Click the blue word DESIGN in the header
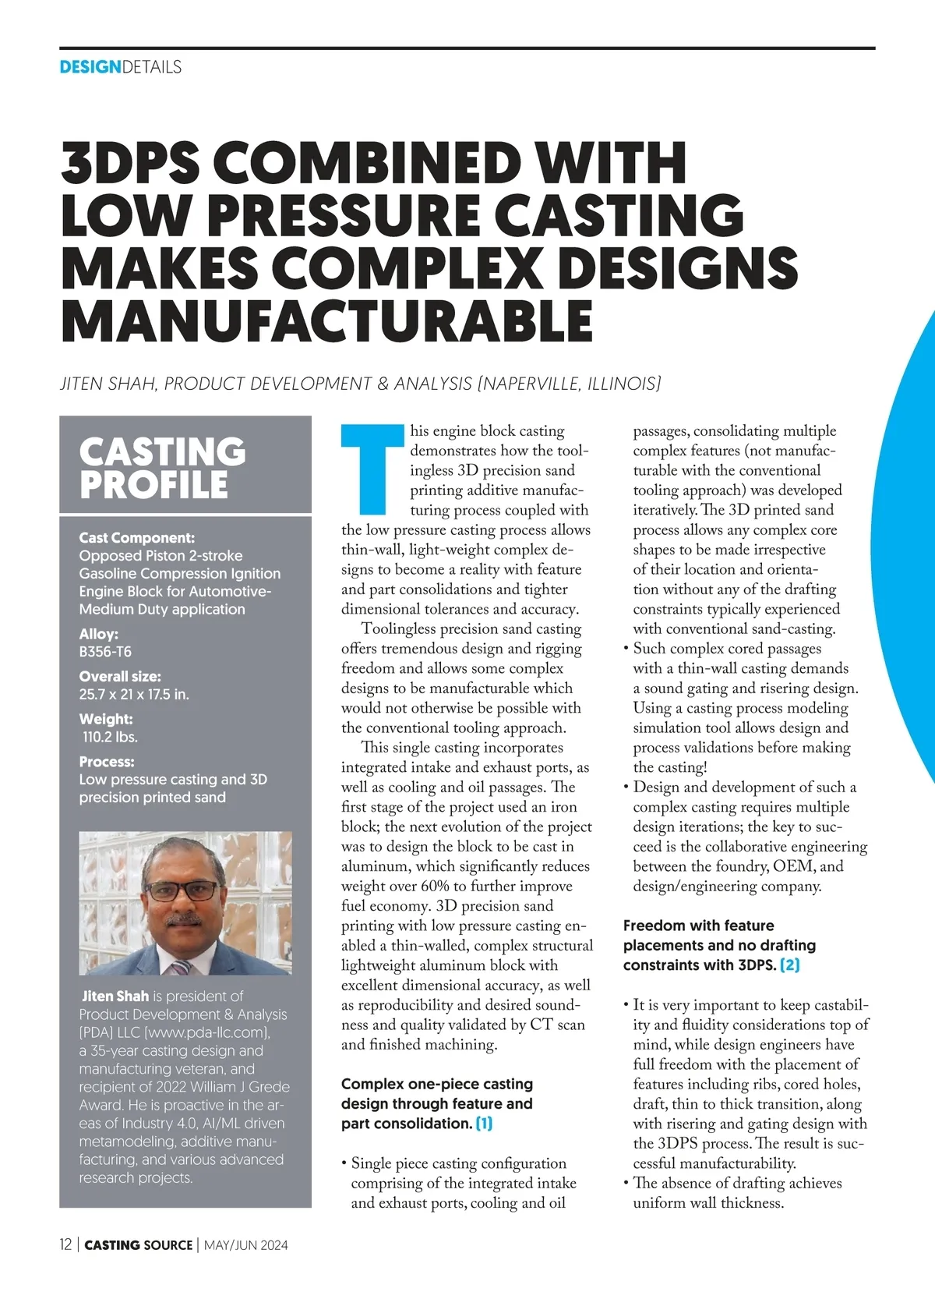(90, 67)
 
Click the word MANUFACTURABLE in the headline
(327, 320)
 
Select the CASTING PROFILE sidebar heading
(162, 468)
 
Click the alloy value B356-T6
(105, 652)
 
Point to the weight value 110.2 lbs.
(110, 737)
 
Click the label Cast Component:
(136, 538)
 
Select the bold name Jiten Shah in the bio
(115, 996)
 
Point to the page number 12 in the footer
(65, 1244)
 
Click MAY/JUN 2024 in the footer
(245, 1245)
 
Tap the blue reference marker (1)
(484, 1124)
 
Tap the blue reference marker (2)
(789, 965)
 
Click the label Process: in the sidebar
(107, 762)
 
